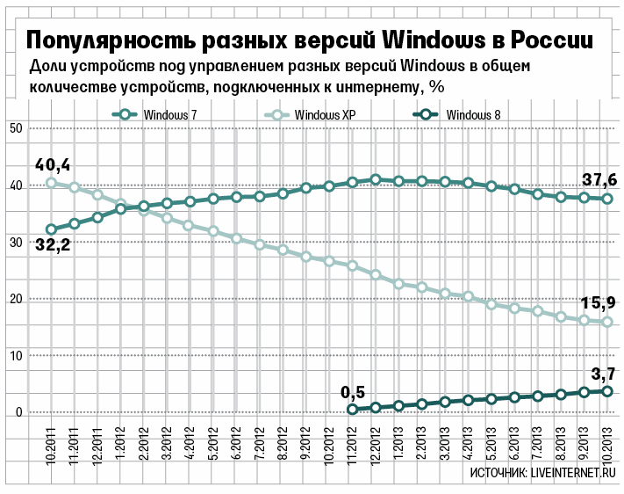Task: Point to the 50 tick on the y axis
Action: tap(15, 128)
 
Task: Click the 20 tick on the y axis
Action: tap(15, 299)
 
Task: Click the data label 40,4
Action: tap(52, 164)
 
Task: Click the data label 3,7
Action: tap(599, 371)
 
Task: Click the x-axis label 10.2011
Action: tap(51, 447)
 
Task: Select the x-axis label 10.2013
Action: tap(606, 447)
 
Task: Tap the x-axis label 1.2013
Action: tap(398, 449)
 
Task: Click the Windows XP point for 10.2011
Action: tap(52, 183)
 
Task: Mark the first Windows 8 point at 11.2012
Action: tap(353, 409)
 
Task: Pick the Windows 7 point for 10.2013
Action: tap(606, 199)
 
